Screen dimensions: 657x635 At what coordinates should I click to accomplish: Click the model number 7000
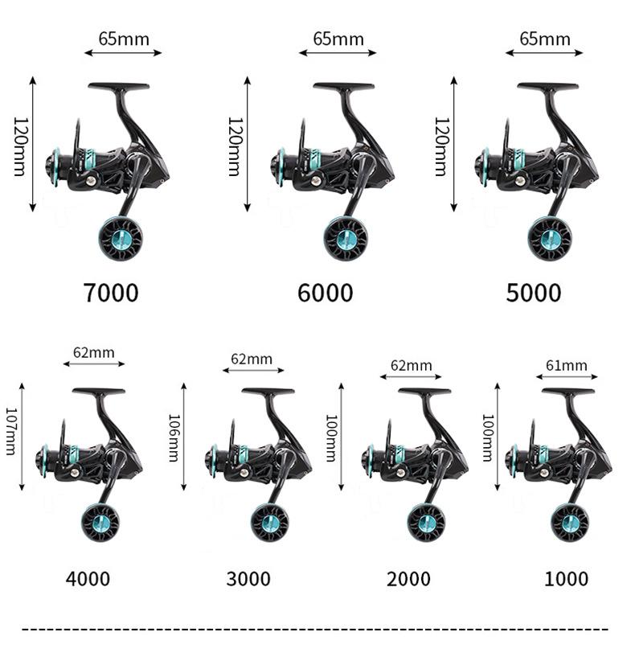111,293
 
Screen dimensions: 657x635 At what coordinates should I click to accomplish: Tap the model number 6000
326,293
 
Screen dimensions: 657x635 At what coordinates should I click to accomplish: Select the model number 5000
534,293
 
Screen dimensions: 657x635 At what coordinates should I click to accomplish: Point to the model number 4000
88,578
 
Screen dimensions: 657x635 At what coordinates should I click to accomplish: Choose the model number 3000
248,578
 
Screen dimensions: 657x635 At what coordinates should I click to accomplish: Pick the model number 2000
408,578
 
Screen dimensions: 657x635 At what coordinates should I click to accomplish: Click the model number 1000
567,578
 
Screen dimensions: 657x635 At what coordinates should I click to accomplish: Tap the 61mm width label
567,366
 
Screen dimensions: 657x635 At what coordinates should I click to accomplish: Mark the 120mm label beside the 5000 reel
440,145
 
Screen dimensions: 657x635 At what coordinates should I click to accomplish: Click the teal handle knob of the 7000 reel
122,238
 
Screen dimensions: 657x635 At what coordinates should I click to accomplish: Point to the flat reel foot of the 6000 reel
343,85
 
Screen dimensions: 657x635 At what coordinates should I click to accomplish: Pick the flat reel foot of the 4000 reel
97,392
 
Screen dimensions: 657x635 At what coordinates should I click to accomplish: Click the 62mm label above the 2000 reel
411,366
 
